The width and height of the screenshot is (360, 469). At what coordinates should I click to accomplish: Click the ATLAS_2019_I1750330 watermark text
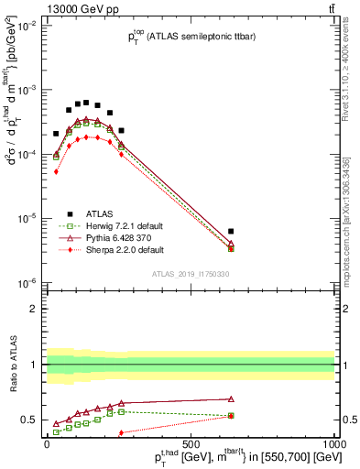point(191,273)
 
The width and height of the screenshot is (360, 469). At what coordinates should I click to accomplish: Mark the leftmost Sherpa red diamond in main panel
point(56,171)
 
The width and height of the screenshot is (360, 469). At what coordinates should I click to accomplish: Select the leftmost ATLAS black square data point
point(56,134)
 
